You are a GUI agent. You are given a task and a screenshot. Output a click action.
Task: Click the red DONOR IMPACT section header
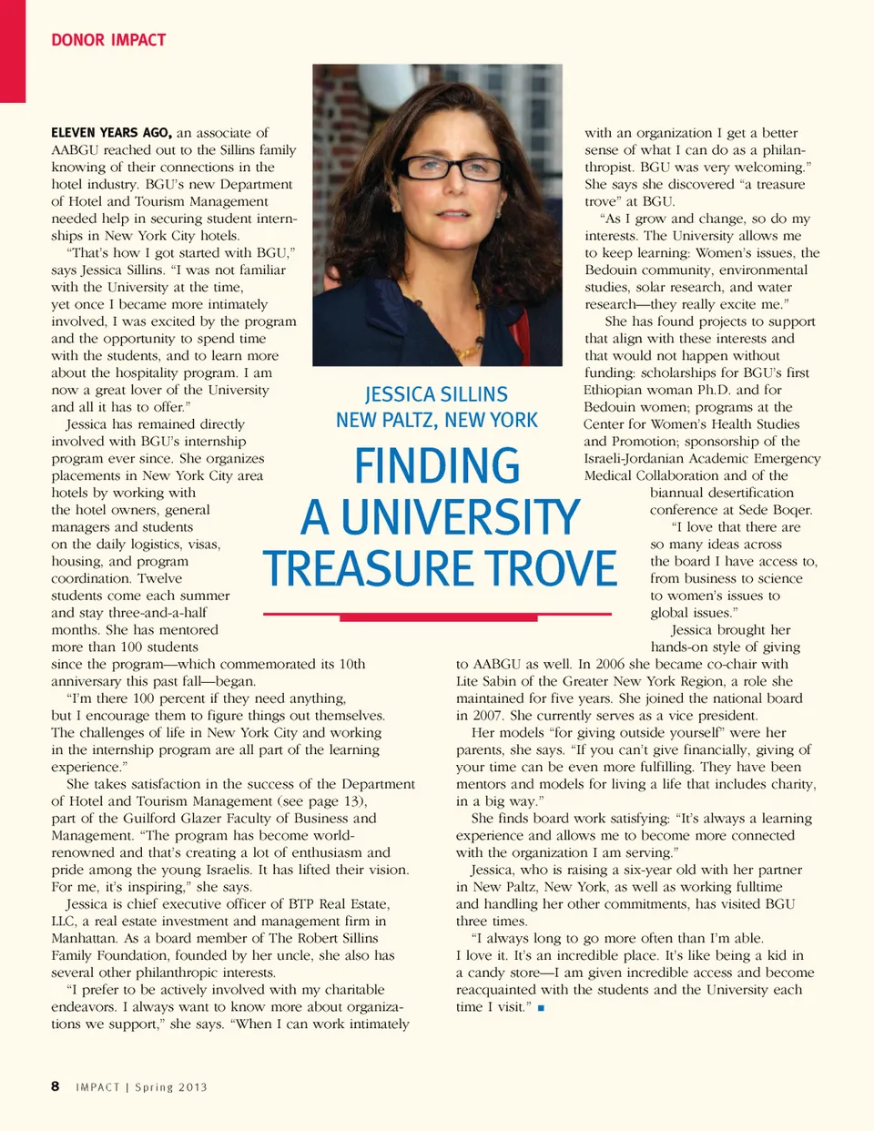[x=108, y=40]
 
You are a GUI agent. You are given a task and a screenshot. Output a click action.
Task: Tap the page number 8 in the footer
[x=56, y=1085]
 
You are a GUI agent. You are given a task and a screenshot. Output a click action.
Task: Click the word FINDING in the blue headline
[x=437, y=465]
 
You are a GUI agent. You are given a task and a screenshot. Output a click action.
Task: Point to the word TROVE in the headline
[x=553, y=569]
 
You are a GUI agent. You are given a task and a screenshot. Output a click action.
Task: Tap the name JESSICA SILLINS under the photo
[x=436, y=394]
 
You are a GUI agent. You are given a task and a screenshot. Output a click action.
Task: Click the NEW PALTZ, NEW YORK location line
[x=437, y=420]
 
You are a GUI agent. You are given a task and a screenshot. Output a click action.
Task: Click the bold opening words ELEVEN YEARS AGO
[x=111, y=133]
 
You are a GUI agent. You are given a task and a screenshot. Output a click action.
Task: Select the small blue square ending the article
[x=541, y=1008]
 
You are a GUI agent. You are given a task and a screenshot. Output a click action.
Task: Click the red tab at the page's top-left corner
[x=13, y=50]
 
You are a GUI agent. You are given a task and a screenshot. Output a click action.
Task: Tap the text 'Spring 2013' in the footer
[x=171, y=1087]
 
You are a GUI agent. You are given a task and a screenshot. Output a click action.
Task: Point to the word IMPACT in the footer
[x=98, y=1087]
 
